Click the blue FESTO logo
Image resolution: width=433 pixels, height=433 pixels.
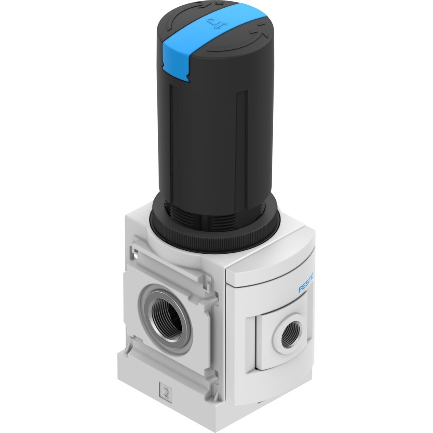306,282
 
